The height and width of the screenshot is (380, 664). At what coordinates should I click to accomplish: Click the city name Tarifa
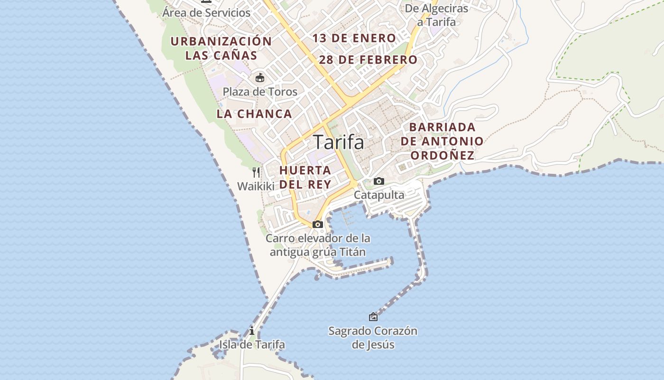[339, 142]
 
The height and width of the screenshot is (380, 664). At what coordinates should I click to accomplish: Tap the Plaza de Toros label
[260, 92]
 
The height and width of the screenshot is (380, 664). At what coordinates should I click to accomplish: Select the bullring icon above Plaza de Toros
[259, 77]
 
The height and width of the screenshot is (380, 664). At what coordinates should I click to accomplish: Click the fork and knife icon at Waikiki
[256, 172]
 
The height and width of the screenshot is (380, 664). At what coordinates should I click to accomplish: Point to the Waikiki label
[256, 186]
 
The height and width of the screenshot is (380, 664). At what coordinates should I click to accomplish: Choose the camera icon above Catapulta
[378, 181]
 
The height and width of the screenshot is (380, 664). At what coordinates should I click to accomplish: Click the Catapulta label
[379, 195]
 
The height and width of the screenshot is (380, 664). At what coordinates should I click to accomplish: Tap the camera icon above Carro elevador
[318, 224]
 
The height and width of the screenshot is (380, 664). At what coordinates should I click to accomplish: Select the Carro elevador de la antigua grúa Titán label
[318, 245]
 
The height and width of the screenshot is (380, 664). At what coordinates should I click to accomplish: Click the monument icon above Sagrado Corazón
[373, 316]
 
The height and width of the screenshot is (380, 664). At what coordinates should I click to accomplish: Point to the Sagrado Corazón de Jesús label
[373, 337]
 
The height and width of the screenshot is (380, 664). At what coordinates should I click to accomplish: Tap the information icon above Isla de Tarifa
[252, 331]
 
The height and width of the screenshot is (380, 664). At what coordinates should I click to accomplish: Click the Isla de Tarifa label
[252, 344]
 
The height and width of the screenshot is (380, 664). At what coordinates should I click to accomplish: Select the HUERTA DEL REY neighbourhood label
[305, 177]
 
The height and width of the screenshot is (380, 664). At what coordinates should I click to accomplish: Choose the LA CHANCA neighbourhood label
[254, 114]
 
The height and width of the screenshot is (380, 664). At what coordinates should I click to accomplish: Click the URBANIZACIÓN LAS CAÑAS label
[221, 48]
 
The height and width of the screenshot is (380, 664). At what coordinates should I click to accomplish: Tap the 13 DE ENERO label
[354, 38]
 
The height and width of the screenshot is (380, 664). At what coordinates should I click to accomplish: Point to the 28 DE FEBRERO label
[368, 60]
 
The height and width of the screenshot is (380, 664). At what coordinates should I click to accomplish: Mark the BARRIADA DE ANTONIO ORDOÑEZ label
[442, 141]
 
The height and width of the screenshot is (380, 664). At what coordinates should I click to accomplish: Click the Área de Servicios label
[206, 13]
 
